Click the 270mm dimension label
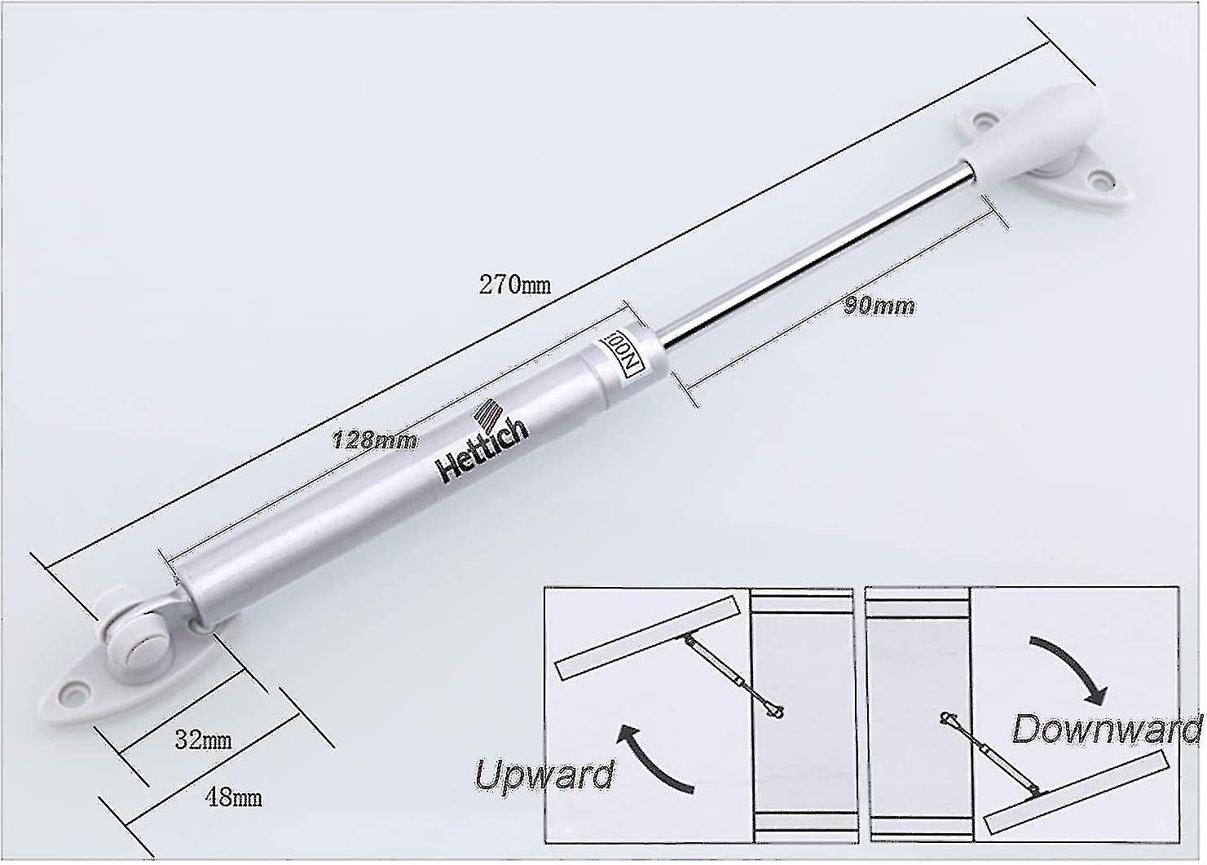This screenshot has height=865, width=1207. [514, 285]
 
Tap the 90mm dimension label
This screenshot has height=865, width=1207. [879, 306]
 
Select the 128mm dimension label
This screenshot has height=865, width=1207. [375, 440]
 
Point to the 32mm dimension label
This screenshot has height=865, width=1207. [204, 740]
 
